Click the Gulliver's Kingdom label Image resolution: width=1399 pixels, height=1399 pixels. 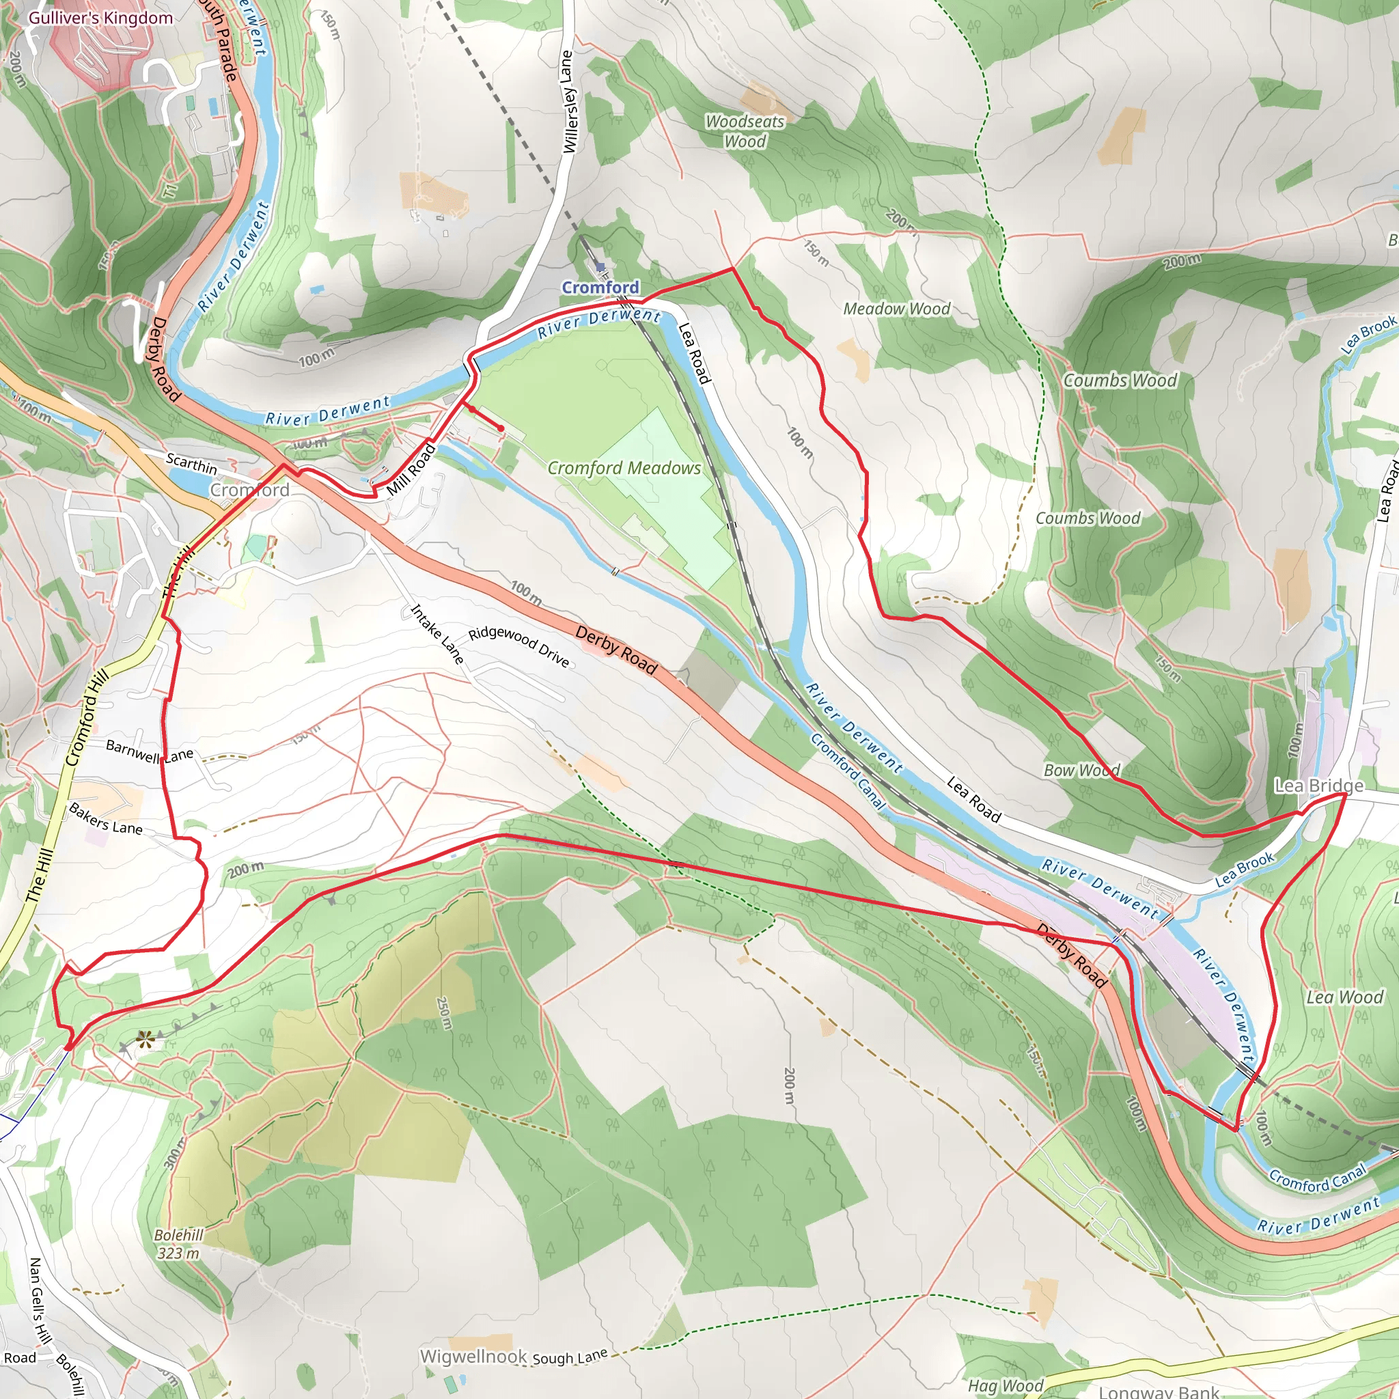100,18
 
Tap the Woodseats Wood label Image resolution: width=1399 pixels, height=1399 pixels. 745,131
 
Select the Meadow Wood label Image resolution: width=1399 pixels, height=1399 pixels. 896,309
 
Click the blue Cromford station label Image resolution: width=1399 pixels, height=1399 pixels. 600,288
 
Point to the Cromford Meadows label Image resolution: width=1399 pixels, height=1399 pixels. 624,469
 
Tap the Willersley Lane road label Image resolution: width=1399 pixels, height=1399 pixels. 569,101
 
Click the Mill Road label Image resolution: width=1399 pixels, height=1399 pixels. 411,470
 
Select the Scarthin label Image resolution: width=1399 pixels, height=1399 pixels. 191,463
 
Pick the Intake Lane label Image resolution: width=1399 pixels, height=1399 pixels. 437,635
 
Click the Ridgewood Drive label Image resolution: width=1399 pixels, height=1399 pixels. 518,647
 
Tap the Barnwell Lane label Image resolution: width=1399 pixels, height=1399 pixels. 149,751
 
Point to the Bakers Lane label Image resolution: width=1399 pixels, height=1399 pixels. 106,818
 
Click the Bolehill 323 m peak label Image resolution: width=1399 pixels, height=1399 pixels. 178,1244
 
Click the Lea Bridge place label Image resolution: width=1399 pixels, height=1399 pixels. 1318,786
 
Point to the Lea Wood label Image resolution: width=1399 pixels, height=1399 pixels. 1344,997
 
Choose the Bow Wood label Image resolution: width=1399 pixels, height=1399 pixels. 1081,771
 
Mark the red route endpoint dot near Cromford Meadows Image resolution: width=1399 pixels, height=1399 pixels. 500,428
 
